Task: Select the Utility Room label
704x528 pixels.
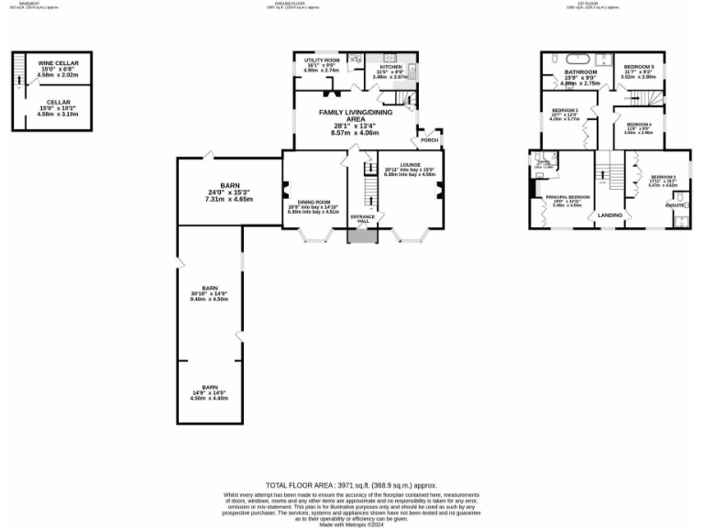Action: (321, 60)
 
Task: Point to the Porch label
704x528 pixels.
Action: (428, 140)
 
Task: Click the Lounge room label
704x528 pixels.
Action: (409, 165)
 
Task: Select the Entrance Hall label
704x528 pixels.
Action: (364, 220)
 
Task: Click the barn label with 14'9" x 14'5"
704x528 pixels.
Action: (210, 387)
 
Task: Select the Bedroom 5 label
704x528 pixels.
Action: (638, 67)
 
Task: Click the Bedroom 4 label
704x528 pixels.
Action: (638, 124)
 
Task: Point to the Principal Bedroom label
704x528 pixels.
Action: (566, 196)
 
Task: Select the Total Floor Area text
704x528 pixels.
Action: (351, 484)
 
